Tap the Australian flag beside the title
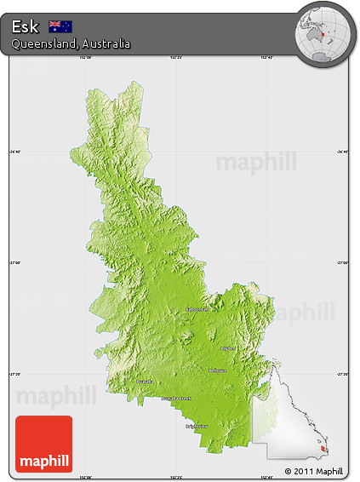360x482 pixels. click(60, 26)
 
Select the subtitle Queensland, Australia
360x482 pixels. click(71, 43)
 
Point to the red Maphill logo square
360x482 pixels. click(44, 444)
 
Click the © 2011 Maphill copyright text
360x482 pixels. click(314, 471)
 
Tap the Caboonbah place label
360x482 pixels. click(198, 309)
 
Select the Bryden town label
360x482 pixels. click(228, 347)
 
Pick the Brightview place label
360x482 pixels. click(197, 426)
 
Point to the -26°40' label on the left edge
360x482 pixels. click(15, 152)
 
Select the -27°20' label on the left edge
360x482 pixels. click(15, 373)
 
